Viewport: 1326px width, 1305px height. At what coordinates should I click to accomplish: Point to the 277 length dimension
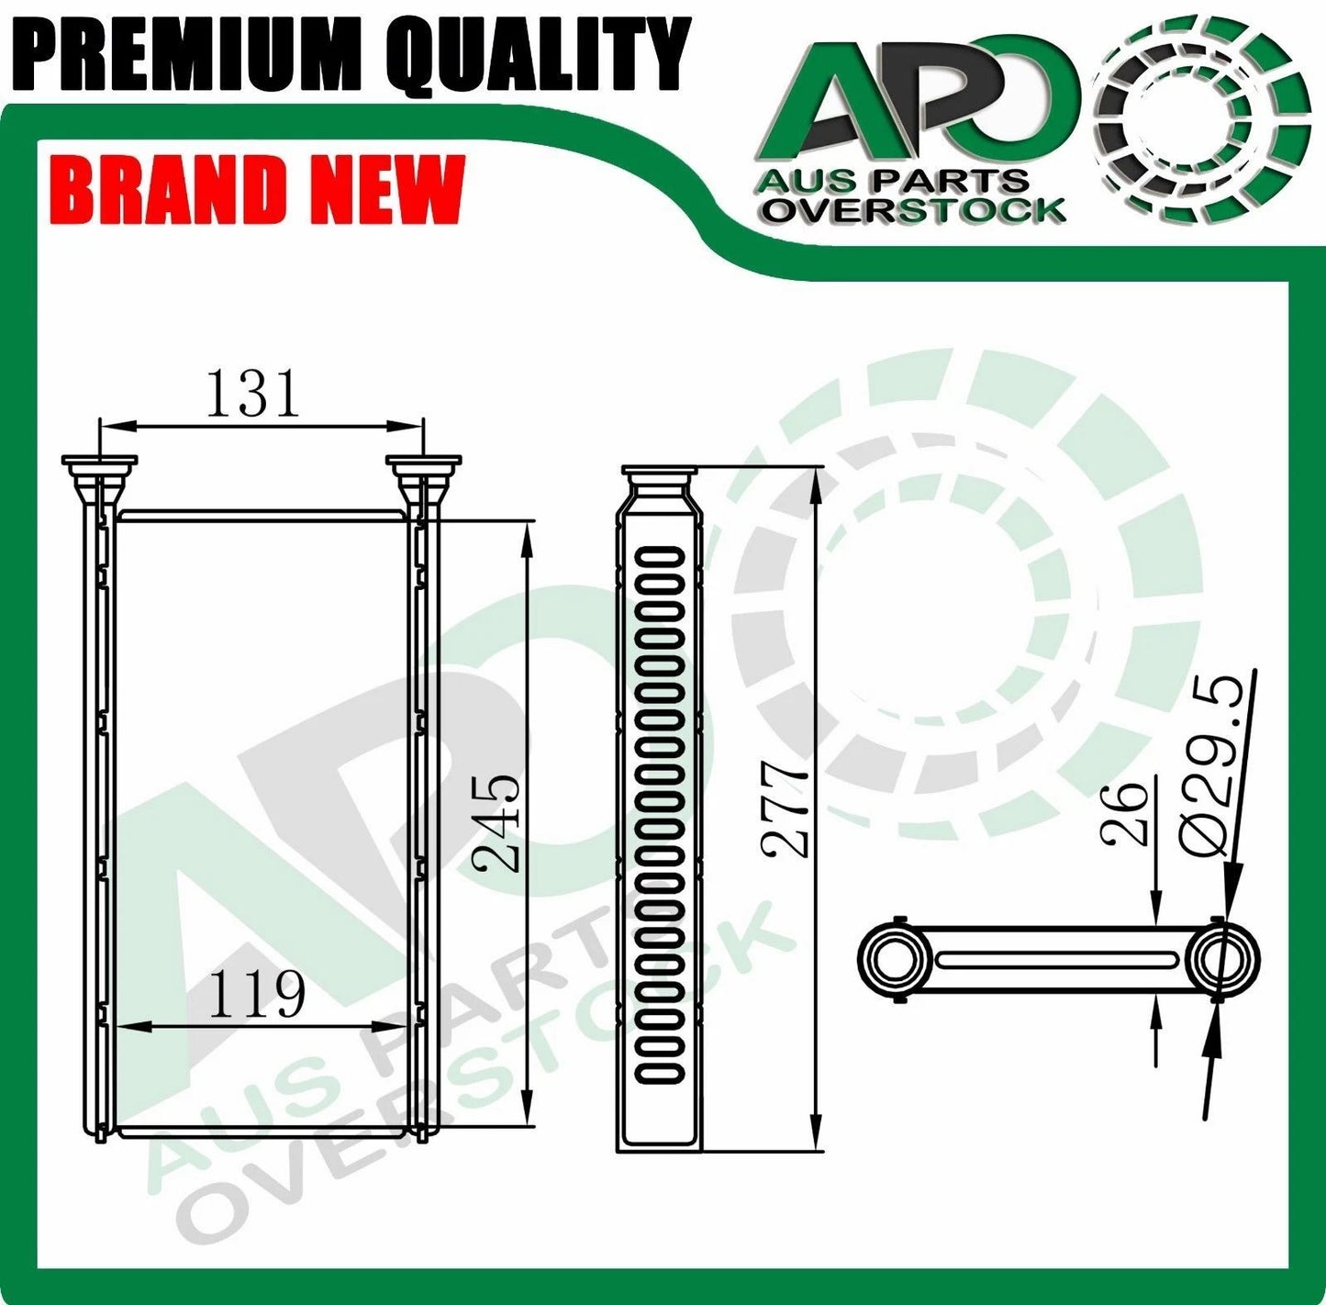(788, 808)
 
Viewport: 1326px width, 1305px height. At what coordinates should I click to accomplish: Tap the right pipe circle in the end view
(1221, 960)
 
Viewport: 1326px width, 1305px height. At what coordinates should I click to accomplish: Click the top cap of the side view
(661, 474)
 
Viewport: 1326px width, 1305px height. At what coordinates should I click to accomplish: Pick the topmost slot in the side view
(660, 556)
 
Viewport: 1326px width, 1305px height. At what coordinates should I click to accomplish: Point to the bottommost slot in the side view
(660, 1071)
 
